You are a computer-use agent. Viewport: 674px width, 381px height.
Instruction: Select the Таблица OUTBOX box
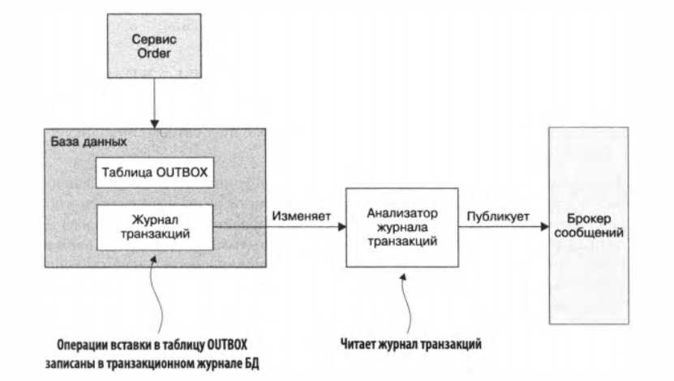(x=154, y=172)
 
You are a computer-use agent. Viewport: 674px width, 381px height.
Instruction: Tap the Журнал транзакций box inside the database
(x=154, y=227)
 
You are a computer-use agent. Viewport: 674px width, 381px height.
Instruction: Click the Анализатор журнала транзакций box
(x=401, y=228)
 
